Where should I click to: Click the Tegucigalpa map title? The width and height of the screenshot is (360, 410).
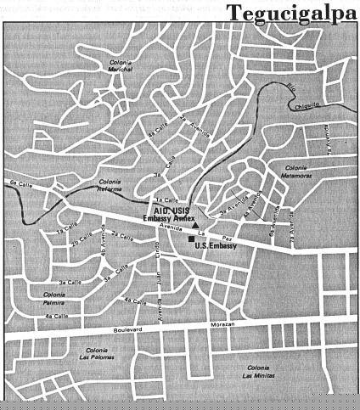point(291,12)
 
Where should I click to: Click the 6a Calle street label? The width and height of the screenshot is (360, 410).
point(16,183)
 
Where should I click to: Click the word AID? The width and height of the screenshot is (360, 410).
point(161,211)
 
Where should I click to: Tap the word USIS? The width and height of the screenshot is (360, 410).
point(185,211)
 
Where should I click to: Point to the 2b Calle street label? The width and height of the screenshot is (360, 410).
point(82,243)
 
